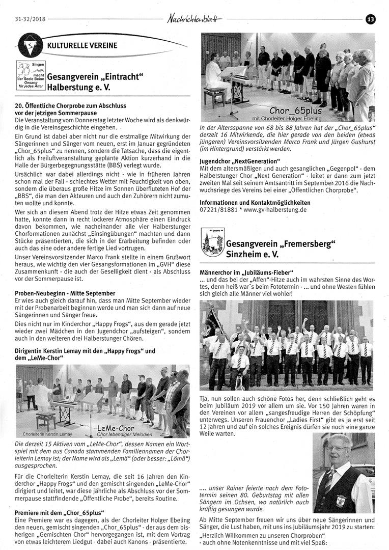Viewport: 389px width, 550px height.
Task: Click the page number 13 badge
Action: pos(370,19)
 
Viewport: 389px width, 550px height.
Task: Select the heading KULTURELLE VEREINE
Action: pos(82,45)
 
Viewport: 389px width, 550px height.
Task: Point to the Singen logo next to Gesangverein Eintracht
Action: pos(31,75)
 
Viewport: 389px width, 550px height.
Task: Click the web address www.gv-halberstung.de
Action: pos(275,209)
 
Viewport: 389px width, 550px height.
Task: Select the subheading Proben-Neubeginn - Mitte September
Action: pos(65,293)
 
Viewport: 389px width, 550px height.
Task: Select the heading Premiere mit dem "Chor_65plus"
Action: pos(60,512)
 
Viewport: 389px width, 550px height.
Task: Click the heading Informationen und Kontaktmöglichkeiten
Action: pos(255,202)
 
